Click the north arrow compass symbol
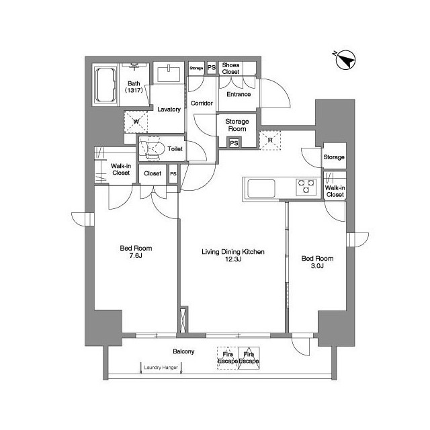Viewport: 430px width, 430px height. (345, 60)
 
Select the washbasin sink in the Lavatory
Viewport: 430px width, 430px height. (169, 74)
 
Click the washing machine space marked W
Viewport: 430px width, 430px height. (136, 122)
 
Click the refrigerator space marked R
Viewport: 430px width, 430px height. (270, 140)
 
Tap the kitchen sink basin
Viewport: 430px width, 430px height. (261, 188)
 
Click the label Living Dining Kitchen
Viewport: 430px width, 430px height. (233, 252)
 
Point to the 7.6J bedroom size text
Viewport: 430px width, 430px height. (136, 256)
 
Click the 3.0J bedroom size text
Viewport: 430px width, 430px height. (317, 266)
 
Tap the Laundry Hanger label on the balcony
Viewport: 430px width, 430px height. (161, 368)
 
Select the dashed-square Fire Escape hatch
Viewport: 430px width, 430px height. (228, 358)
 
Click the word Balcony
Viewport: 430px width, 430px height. (183, 351)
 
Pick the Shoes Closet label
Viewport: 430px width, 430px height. (230, 69)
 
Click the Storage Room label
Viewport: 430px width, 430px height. (237, 125)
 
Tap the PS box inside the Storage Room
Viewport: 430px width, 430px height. (234, 143)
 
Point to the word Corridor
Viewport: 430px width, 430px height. (202, 103)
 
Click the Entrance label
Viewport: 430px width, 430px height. (239, 94)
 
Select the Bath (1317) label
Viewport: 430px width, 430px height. (134, 87)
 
